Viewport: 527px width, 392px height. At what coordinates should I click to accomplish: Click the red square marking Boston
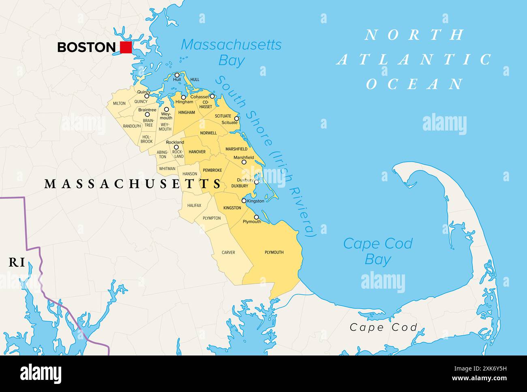126,47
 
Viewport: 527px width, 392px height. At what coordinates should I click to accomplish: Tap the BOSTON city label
86,47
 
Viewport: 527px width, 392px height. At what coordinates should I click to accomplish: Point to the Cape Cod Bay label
377,251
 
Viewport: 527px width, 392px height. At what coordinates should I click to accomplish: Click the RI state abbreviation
17,263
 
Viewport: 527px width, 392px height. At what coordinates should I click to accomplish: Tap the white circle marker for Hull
177,75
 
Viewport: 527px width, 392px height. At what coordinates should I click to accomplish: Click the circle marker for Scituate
237,119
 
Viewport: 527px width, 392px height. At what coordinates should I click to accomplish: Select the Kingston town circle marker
244,201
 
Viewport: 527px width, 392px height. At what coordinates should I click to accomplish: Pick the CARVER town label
228,253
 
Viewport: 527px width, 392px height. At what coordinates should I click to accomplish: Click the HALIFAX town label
194,206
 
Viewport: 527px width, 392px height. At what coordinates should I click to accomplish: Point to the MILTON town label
119,103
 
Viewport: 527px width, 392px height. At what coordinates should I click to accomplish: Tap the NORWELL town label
208,133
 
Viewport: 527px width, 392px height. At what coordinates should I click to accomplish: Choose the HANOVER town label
197,152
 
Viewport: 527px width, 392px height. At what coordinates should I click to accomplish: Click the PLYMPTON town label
212,218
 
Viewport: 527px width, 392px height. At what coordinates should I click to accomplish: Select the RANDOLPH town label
132,126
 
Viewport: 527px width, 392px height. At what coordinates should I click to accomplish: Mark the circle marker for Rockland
176,148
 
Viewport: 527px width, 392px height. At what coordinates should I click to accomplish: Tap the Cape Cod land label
383,327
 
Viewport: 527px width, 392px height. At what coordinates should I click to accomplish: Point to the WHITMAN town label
167,169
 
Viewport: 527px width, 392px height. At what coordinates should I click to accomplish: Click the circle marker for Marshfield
244,162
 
